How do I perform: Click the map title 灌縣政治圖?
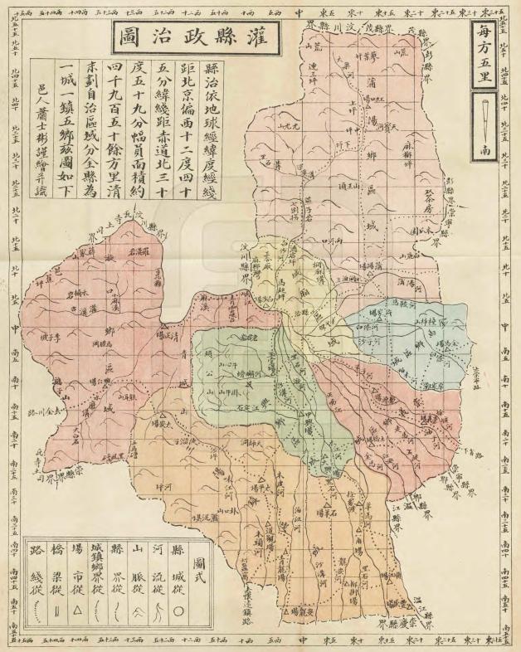click(197, 36)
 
